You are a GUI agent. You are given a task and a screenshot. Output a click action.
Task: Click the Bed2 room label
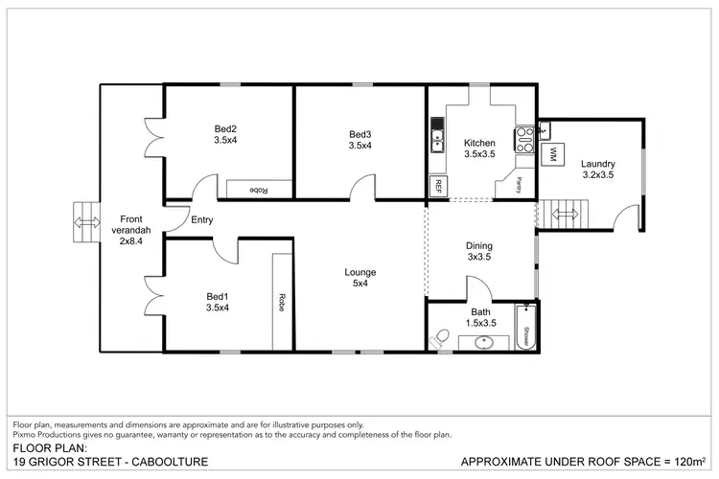[225, 134]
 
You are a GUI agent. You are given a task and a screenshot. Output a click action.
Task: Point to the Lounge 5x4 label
[360, 278]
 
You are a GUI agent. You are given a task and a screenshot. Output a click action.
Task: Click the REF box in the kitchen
[439, 183]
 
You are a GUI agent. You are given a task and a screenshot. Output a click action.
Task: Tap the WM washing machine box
[553, 153]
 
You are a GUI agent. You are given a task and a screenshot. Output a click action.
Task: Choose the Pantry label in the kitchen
[518, 182]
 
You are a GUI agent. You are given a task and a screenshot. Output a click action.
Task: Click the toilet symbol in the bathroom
[441, 338]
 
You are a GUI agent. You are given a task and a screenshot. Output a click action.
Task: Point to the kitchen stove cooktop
[524, 141]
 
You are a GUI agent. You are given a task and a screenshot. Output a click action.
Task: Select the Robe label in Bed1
[283, 299]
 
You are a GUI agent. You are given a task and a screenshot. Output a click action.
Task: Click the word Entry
[201, 220]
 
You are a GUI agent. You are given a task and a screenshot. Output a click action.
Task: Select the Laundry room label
[598, 169]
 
